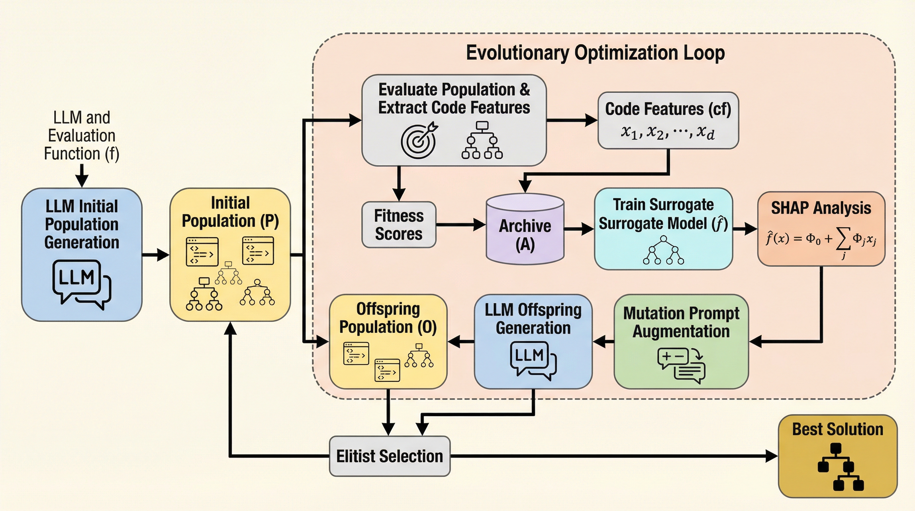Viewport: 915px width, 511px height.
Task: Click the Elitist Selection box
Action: (x=390, y=456)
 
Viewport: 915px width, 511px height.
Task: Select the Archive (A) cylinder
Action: (x=525, y=229)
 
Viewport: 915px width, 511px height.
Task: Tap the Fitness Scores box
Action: (x=399, y=225)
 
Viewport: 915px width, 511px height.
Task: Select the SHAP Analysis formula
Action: (x=821, y=240)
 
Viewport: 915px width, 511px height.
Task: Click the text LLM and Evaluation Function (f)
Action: (x=81, y=135)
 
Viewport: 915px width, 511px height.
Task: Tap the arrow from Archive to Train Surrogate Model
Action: (x=579, y=229)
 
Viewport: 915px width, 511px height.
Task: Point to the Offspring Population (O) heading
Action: (x=388, y=318)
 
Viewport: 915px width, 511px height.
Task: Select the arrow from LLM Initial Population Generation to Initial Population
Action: (x=156, y=255)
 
